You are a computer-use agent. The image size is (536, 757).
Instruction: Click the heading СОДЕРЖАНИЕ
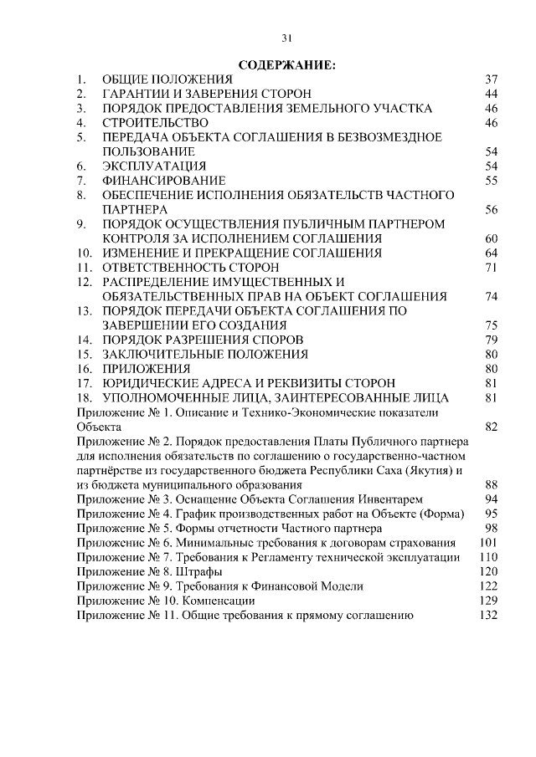point(286,64)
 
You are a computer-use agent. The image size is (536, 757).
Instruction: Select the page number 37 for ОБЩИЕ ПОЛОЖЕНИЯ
point(492,79)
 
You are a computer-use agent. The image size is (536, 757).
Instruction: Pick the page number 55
point(492,181)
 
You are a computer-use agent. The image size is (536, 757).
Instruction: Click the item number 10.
point(83,253)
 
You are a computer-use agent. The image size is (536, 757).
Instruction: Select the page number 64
point(492,253)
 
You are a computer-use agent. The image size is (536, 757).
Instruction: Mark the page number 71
point(492,268)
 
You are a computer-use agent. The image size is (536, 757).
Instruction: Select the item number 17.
point(83,383)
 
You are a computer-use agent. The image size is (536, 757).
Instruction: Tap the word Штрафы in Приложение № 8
point(202,571)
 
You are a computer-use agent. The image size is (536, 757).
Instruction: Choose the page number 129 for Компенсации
point(488,601)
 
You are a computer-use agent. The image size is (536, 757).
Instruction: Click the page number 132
point(488,616)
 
